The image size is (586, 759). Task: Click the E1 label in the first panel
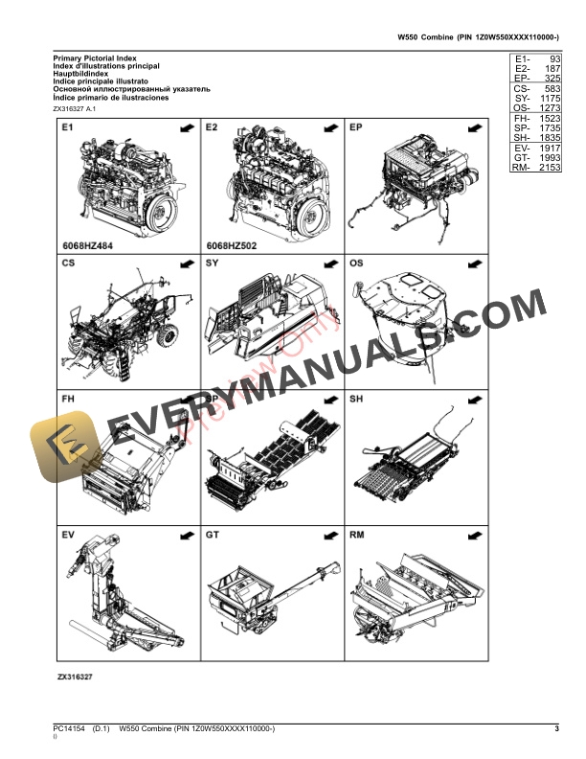pyautogui.click(x=68, y=126)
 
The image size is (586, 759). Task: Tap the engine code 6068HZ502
pyautogui.click(x=233, y=245)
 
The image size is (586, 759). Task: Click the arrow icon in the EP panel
pyautogui.click(x=471, y=127)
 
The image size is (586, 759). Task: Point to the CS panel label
pyautogui.click(x=69, y=263)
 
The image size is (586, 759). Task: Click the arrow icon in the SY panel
pyautogui.click(x=327, y=264)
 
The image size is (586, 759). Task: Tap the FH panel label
pyautogui.click(x=69, y=398)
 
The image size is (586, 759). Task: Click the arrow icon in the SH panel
pyautogui.click(x=471, y=399)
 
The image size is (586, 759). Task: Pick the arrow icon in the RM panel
pyautogui.click(x=471, y=534)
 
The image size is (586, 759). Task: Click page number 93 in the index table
pyautogui.click(x=552, y=59)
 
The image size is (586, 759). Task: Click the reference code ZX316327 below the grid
pyautogui.click(x=76, y=676)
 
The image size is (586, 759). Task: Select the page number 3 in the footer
pyautogui.click(x=556, y=731)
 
